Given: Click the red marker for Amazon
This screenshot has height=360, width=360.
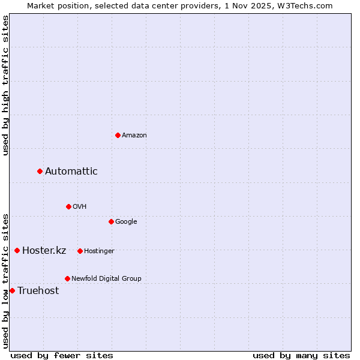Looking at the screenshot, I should (x=118, y=135).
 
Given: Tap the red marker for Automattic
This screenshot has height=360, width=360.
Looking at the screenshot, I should (x=40, y=172).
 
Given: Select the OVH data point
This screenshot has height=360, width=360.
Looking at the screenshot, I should (x=68, y=206).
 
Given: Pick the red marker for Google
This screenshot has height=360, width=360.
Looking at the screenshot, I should (x=111, y=221).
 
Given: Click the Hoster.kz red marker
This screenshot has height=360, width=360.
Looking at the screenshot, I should (x=17, y=250).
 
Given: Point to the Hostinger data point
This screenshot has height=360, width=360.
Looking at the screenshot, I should (x=80, y=251).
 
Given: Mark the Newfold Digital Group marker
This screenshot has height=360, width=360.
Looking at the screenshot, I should (x=67, y=278).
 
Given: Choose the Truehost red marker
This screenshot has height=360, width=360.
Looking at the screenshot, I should (x=12, y=290).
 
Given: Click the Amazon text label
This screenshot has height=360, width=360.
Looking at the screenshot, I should (x=134, y=136).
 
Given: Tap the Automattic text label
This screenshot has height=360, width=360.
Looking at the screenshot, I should (x=71, y=172).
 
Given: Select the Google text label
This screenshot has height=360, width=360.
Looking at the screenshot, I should (x=126, y=222).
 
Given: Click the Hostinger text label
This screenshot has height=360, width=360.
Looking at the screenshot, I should (x=99, y=251).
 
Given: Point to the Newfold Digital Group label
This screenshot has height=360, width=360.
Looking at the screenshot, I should (x=106, y=278).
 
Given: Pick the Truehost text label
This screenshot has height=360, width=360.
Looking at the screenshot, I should (x=38, y=291).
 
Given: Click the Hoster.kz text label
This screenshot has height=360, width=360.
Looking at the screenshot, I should (x=44, y=251).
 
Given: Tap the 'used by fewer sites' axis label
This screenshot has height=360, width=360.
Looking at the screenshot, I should (x=62, y=356).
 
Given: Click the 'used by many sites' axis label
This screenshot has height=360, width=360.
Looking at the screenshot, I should (x=301, y=356).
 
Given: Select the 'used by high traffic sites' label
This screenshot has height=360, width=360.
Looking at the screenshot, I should (x=5, y=85).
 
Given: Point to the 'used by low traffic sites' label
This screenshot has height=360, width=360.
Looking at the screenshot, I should (x=5, y=280).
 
